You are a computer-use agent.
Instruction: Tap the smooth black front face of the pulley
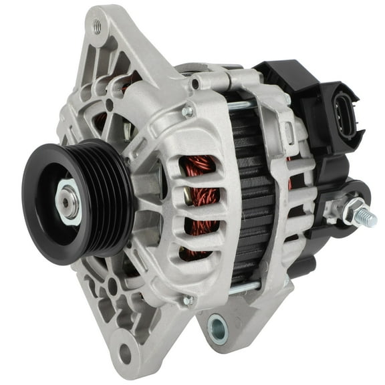43,201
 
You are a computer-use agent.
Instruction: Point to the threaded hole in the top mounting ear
98,27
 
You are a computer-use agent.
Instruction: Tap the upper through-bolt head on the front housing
189,111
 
